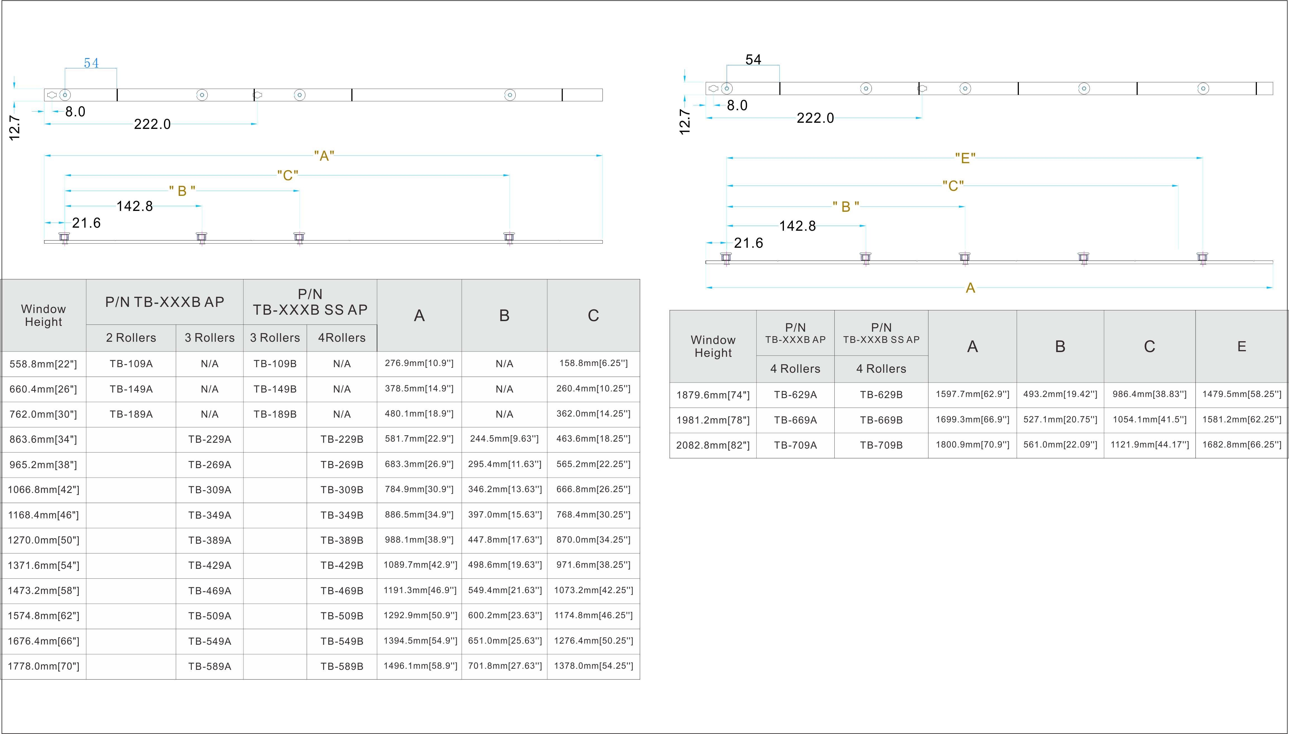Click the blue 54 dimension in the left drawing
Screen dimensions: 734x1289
click(x=91, y=63)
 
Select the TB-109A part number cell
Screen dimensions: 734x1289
click(x=131, y=364)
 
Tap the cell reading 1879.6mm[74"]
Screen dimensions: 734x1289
click(x=713, y=395)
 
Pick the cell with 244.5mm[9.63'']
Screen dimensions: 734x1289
click(x=504, y=439)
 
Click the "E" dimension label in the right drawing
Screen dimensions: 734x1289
click(x=965, y=158)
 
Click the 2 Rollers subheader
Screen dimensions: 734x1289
click(x=131, y=338)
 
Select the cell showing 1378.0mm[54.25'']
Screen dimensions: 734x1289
click(x=593, y=666)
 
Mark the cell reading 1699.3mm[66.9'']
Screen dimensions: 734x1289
click(x=973, y=419)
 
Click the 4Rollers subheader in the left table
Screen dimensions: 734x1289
click(x=342, y=338)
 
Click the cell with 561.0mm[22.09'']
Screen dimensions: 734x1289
click(x=1060, y=445)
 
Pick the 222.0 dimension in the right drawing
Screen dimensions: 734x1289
click(x=815, y=118)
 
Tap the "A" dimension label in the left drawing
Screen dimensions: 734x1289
click(x=324, y=156)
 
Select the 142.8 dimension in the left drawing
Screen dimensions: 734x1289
click(x=135, y=206)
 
